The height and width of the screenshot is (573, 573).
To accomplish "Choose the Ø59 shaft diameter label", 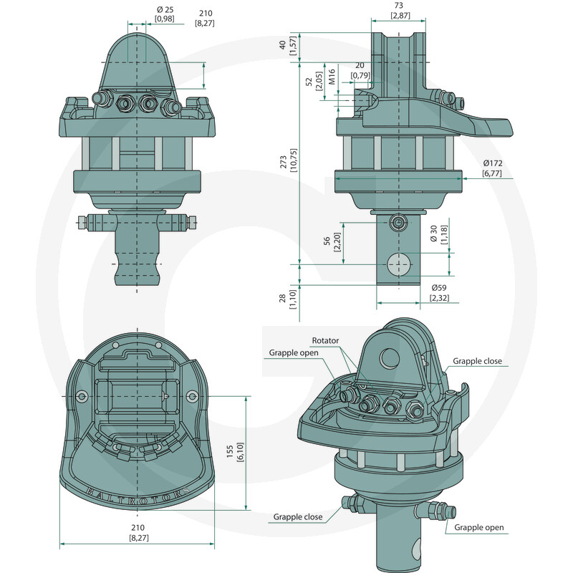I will pos(439,288).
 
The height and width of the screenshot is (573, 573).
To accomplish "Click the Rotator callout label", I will pos(325,340).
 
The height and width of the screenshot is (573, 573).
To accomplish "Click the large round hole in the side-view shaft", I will pos(399,264).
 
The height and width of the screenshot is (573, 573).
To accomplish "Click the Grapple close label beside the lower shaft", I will pos(297,516).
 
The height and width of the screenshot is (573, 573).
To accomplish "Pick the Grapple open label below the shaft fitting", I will pos(478,527).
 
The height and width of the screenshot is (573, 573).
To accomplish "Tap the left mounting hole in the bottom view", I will pos(82,396).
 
